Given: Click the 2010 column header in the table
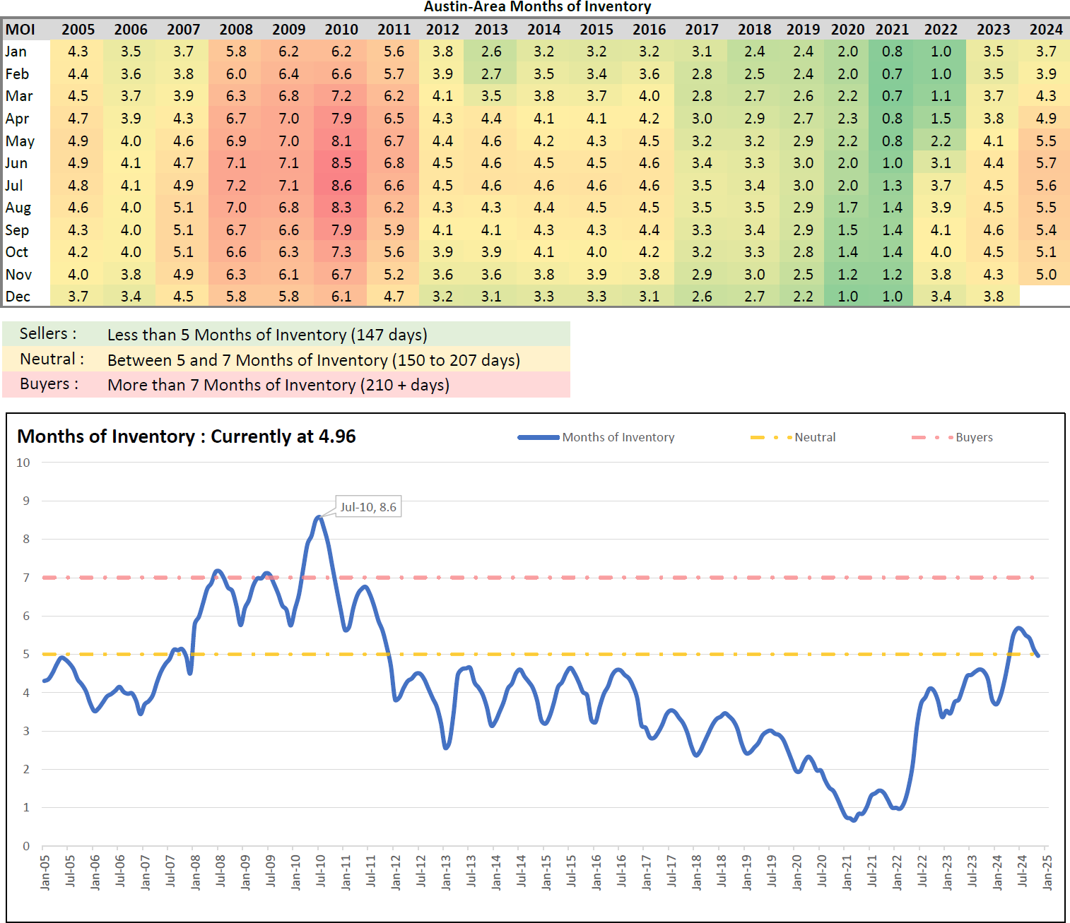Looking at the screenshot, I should tap(341, 30).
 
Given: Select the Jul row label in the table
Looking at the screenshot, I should tap(14, 186).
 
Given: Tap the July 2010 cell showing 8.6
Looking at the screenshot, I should tap(341, 186).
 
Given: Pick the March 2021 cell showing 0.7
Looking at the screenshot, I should tap(892, 96).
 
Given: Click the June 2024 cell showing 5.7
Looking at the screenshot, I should tap(1046, 163).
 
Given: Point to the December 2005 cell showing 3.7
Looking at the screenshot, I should tap(78, 297).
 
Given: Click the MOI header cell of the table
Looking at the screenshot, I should tap(20, 30).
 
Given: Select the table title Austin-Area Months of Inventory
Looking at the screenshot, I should tap(537, 7).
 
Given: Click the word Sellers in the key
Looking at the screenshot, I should tap(44, 334).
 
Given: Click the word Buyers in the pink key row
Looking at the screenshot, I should tap(45, 384).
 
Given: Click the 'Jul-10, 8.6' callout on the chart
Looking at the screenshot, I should tap(368, 507).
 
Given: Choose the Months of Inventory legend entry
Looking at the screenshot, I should tap(618, 437).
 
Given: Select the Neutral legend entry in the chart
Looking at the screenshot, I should tap(815, 437).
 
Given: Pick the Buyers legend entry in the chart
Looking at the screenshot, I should tap(974, 437).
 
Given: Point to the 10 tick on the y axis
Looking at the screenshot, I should tap(23, 463).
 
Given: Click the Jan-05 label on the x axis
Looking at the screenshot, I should tap(45, 872).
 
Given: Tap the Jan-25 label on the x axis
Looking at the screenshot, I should tap(1047, 872).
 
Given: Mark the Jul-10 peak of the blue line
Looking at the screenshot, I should tap(319, 518).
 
